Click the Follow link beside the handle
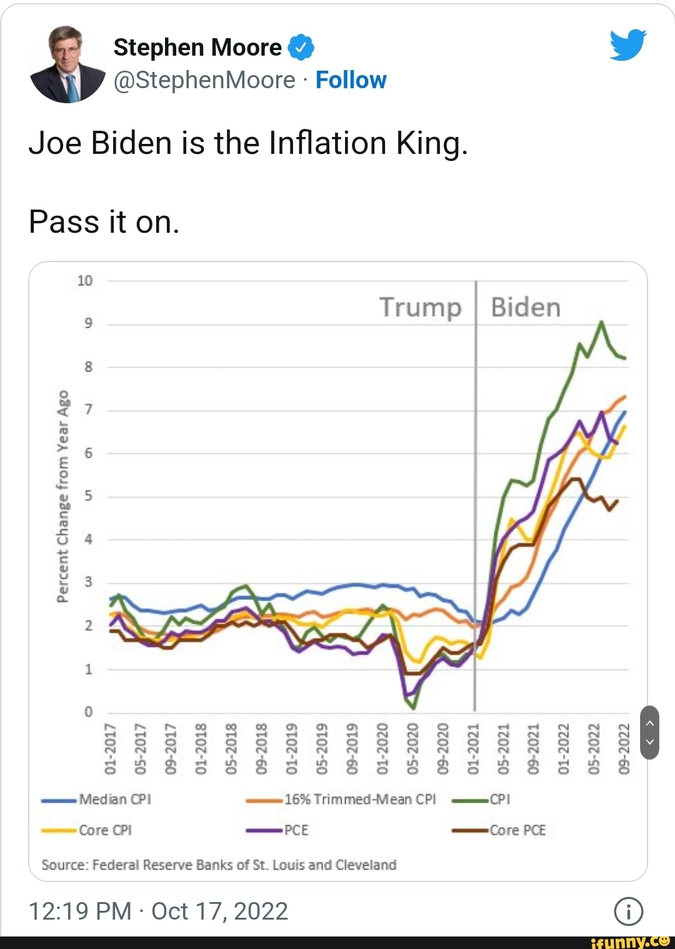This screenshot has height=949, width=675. coord(351,80)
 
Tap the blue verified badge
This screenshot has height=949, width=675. coord(301,48)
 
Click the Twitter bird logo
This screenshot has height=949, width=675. coord(627,45)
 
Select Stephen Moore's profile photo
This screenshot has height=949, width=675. coord(67,64)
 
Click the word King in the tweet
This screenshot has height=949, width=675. coord(431,143)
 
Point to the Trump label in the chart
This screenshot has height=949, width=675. coord(420,307)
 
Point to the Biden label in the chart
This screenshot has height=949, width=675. coord(526,307)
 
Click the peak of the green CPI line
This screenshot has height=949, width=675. coord(601,322)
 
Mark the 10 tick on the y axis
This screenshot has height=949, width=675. coord(84,281)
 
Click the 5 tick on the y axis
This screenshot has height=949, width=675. coord(88,496)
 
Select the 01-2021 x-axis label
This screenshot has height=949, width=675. coord(473,749)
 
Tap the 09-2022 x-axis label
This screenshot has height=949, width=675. coord(623,749)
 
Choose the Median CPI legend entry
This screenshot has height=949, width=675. coord(114,799)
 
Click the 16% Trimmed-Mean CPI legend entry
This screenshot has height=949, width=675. coord(359,799)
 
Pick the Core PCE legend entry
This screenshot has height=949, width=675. coord(517,830)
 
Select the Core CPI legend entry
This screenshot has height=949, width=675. coord(104,830)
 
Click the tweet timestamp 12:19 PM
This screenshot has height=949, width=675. coord(79,911)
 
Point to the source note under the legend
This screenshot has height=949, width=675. coord(219,865)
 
